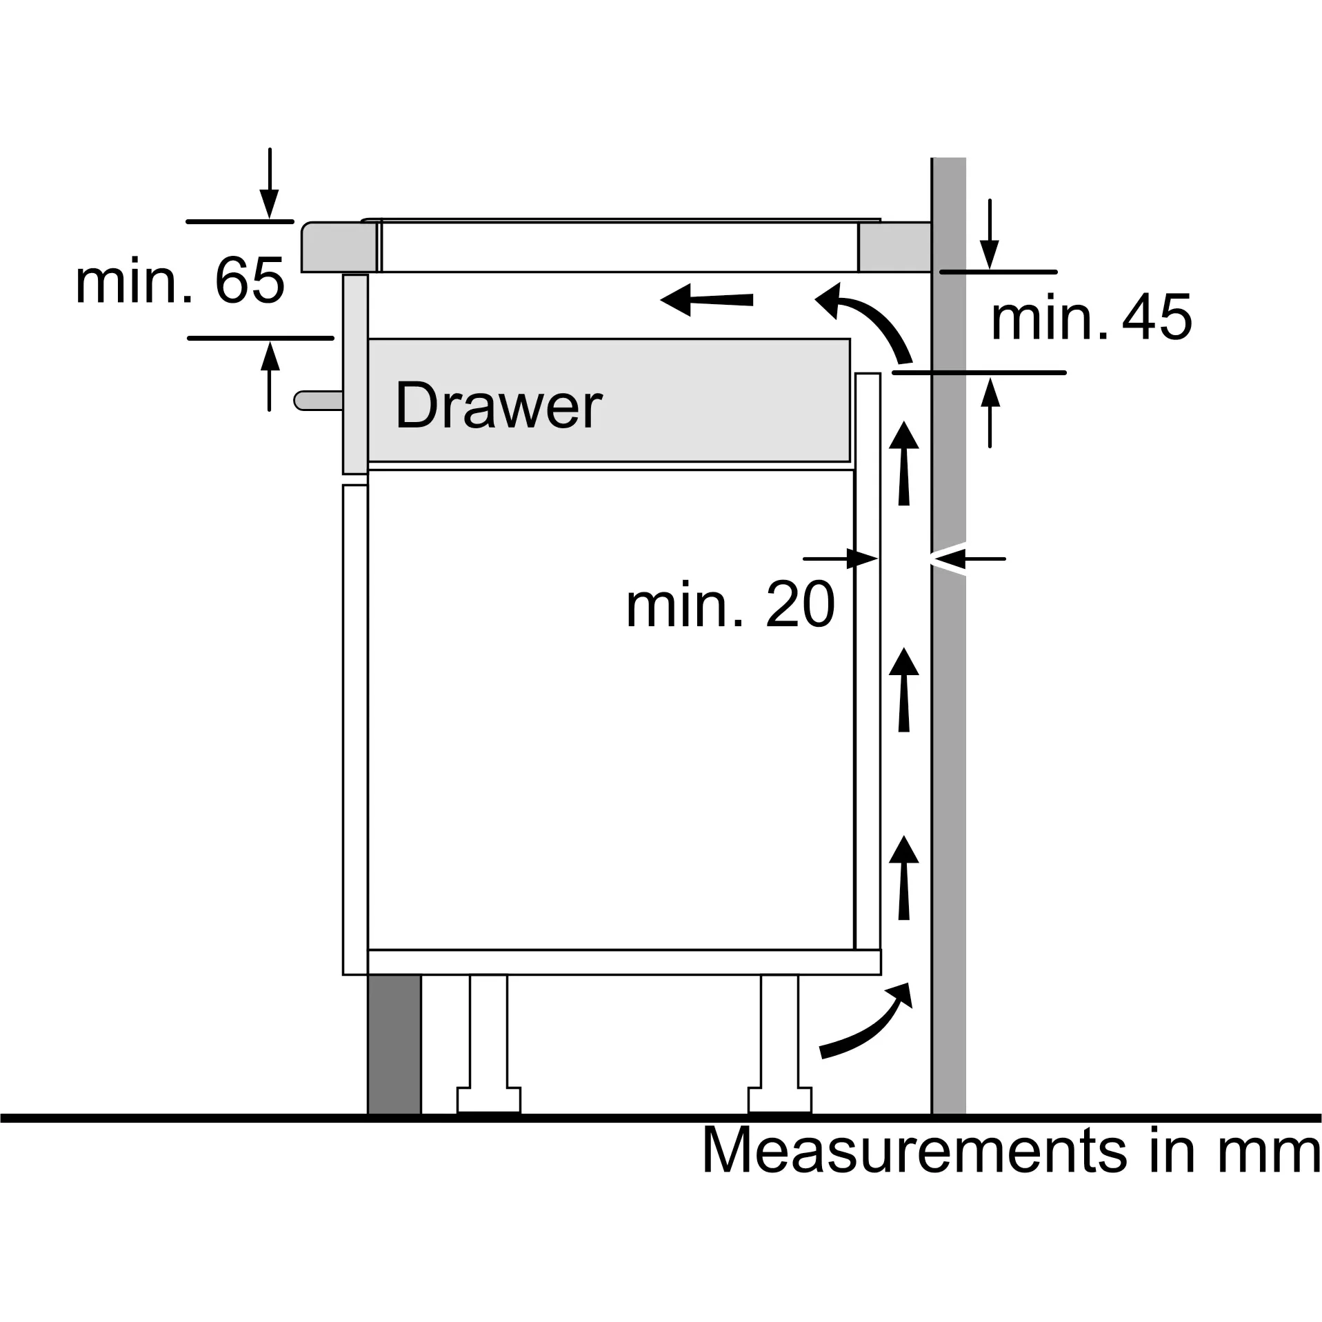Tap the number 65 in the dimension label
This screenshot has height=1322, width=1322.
pos(250,281)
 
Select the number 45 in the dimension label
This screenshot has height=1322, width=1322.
pos(1157,317)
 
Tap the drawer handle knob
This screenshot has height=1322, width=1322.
pos(318,400)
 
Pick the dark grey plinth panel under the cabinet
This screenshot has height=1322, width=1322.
pos(394,1054)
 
